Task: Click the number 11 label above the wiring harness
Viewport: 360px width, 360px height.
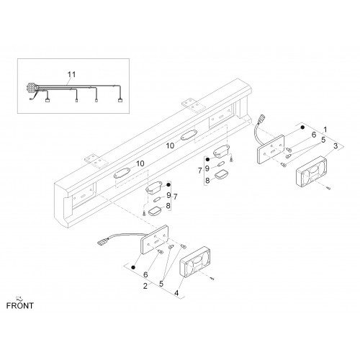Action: (x=71, y=75)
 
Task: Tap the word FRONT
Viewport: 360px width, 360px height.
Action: (x=20, y=306)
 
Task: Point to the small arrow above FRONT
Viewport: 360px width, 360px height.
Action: (x=19, y=299)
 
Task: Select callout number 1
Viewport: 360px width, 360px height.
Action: (x=325, y=130)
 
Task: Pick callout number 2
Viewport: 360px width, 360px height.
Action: (x=145, y=286)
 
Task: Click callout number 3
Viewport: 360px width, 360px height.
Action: (x=336, y=145)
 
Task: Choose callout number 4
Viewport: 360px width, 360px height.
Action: (x=176, y=293)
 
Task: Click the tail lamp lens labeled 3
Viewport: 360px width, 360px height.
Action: (x=311, y=171)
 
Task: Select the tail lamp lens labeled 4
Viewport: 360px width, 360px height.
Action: (x=195, y=262)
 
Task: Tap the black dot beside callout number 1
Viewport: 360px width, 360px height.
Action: (x=303, y=127)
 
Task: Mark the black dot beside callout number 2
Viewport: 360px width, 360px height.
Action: (x=133, y=267)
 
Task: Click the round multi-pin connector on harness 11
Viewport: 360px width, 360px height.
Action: (x=31, y=87)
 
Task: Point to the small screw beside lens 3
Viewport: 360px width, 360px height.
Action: (x=328, y=188)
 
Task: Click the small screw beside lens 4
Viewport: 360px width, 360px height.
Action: (x=212, y=279)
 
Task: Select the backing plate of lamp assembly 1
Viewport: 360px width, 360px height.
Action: (x=271, y=149)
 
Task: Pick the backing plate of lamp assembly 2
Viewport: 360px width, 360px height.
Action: (x=155, y=239)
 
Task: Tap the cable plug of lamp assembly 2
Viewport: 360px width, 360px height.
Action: (x=101, y=241)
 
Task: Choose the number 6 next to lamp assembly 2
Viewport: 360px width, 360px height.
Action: (x=145, y=274)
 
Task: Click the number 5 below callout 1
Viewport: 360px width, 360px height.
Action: (x=323, y=140)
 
